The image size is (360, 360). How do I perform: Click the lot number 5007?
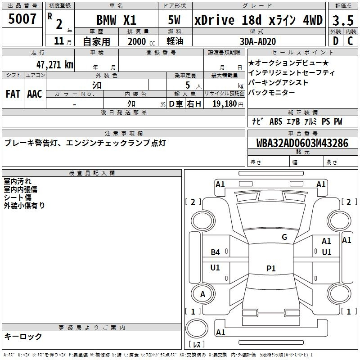click(x=22, y=19)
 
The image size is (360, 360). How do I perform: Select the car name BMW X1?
click(x=117, y=20)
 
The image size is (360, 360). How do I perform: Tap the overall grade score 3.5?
click(x=343, y=20)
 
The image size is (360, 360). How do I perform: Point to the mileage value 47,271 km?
click(x=55, y=65)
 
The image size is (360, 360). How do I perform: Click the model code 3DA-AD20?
click(x=258, y=41)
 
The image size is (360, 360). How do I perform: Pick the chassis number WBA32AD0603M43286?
click(x=302, y=143)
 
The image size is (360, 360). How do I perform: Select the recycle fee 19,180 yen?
click(x=228, y=104)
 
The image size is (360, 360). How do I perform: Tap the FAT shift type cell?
click(x=13, y=94)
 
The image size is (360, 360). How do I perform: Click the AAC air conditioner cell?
click(x=35, y=94)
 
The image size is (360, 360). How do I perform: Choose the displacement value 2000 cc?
click(x=141, y=41)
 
